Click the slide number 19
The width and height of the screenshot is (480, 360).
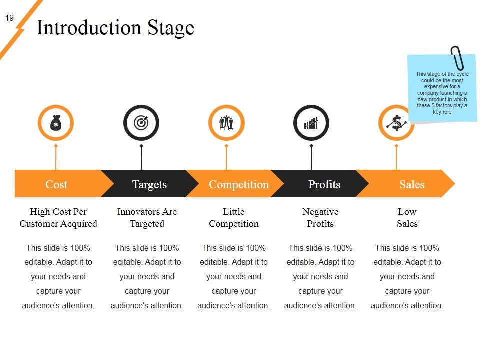pyautogui.click(x=9, y=18)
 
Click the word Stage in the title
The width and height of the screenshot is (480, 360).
pyautogui.click(x=171, y=28)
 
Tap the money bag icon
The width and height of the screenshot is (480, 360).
pyautogui.click(x=56, y=123)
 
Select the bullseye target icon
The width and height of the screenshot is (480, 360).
pyautogui.click(x=141, y=123)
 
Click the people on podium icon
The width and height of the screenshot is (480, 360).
pyautogui.click(x=226, y=123)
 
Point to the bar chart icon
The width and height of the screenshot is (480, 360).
pyautogui.click(x=311, y=123)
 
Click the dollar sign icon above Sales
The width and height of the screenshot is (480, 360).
pyautogui.click(x=396, y=123)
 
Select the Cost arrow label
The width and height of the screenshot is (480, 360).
pyautogui.click(x=56, y=184)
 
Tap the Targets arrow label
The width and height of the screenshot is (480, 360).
pyautogui.click(x=149, y=184)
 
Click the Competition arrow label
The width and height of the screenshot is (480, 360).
pyautogui.click(x=239, y=184)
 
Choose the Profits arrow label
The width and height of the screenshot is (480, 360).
pyautogui.click(x=324, y=184)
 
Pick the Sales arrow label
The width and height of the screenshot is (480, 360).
pyautogui.click(x=412, y=184)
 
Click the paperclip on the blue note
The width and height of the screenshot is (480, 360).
pyautogui.click(x=457, y=58)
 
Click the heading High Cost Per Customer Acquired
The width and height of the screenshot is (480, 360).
pyautogui.click(x=58, y=217)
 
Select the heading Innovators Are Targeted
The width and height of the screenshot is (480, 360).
pyautogui.click(x=147, y=217)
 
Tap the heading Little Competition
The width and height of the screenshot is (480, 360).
pyautogui.click(x=234, y=217)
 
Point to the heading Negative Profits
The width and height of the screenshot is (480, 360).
pyautogui.click(x=320, y=217)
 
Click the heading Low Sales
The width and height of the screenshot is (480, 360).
pyautogui.click(x=407, y=217)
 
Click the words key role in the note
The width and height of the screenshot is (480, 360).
pyautogui.click(x=442, y=112)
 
